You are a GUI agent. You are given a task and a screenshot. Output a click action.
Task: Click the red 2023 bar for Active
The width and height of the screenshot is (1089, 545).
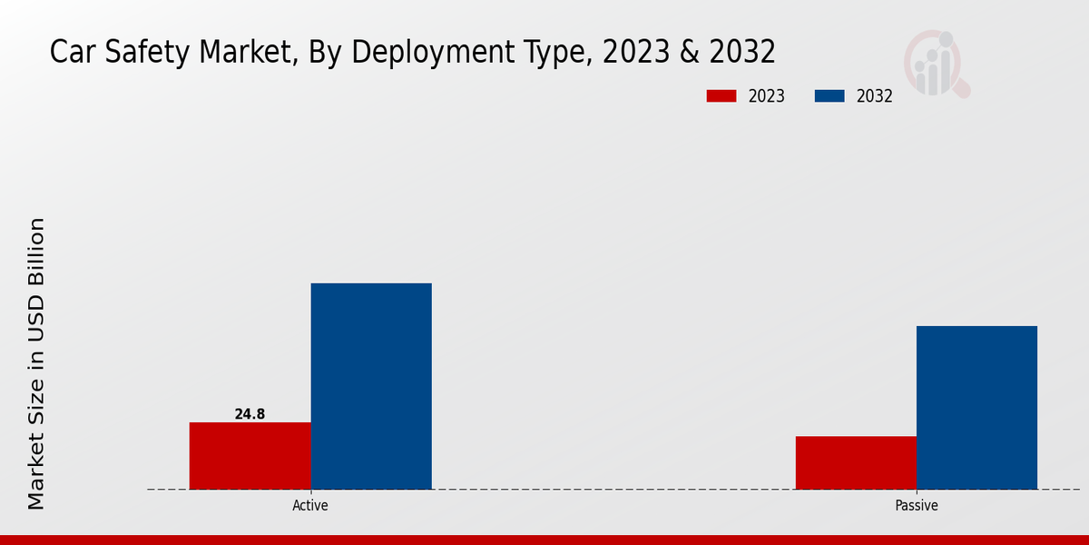coord(250,456)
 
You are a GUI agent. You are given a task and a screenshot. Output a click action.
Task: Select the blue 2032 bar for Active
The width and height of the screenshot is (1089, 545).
coord(371,386)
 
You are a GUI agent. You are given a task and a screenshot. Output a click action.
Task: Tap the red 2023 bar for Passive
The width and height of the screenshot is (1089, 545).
coord(856,462)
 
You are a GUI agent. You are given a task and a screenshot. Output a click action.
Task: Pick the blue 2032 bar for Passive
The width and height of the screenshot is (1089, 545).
coord(976,407)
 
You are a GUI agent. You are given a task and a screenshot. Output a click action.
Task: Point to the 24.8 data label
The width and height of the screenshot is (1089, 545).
coord(250,414)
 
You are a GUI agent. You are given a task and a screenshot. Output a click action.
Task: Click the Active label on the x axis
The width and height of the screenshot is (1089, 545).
coord(310,506)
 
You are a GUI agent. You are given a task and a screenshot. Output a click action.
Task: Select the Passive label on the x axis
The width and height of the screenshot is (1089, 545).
coord(917,506)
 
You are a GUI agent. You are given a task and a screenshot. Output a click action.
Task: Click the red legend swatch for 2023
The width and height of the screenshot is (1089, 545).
coord(722,96)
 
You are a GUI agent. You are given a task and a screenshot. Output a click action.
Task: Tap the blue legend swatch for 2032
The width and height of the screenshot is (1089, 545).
coord(829,96)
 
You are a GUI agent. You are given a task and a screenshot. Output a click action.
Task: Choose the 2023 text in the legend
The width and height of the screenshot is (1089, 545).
coord(767,96)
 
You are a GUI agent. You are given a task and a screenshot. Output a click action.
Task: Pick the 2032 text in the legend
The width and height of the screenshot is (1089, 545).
coord(874,96)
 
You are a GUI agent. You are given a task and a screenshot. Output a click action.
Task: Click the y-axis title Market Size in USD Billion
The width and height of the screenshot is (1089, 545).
coord(36,363)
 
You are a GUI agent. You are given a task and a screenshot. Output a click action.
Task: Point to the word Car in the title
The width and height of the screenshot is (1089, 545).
coord(70,53)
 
